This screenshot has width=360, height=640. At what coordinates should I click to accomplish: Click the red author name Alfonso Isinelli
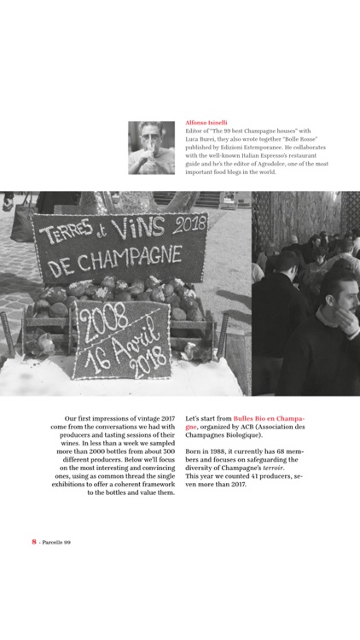point(206,122)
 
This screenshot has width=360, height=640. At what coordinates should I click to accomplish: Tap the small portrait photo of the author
point(151,148)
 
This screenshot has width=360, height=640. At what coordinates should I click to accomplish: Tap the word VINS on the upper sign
point(138,227)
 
